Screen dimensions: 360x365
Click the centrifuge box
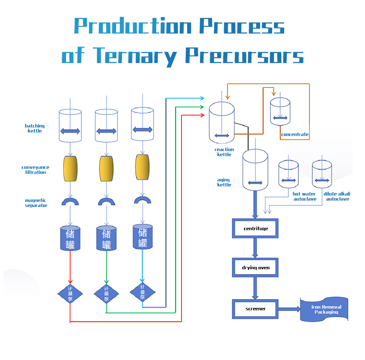pyautogui.click(x=255, y=228)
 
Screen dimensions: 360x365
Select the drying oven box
pyautogui.click(x=255, y=268)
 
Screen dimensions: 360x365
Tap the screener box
pyautogui.click(x=255, y=309)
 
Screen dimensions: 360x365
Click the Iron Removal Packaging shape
pyautogui.click(x=324, y=309)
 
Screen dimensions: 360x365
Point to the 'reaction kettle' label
pyautogui.click(x=224, y=152)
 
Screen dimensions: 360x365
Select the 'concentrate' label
pyautogui.click(x=295, y=135)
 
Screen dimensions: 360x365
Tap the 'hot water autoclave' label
pyautogui.click(x=305, y=197)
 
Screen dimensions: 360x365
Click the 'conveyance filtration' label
pyautogui.click(x=35, y=170)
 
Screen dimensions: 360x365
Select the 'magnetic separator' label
pyautogui.click(x=36, y=203)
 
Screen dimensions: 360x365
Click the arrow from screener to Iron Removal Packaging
pyautogui.click(x=289, y=309)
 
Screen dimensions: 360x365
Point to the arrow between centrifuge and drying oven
pyautogui.click(x=255, y=248)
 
